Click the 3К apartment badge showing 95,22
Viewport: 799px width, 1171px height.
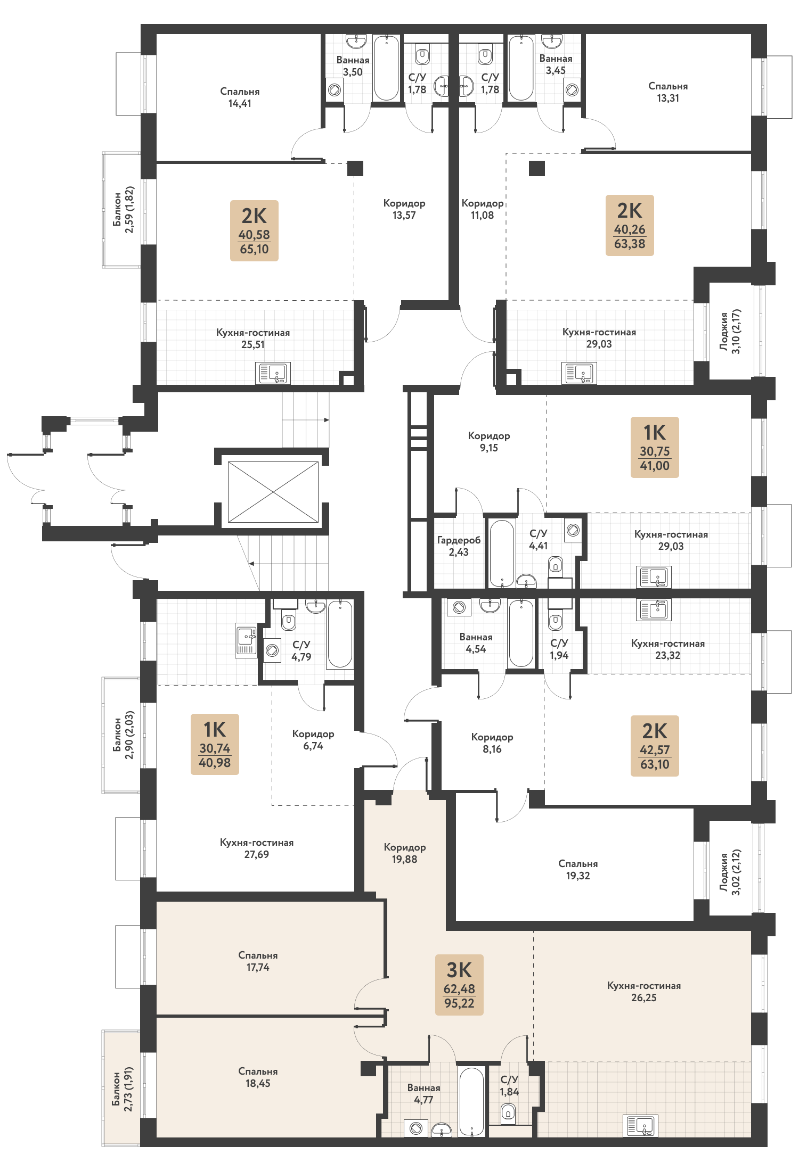[x=459, y=985]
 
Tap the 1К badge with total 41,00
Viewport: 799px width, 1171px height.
[x=655, y=447]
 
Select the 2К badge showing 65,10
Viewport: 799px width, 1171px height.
[x=254, y=230]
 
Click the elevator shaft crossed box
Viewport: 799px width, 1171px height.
[x=273, y=492]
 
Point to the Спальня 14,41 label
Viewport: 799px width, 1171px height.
[x=240, y=97]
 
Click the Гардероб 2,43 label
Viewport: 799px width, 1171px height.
[x=459, y=546]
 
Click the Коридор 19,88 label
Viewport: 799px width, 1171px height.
[x=405, y=853]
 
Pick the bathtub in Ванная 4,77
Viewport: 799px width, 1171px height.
[x=471, y=1101]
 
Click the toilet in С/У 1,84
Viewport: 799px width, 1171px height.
[x=508, y=1111]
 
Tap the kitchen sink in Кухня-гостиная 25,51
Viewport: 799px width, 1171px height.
[x=273, y=373]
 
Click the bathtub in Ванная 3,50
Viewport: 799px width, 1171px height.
[x=386, y=68]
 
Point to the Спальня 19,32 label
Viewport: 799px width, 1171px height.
[x=578, y=869]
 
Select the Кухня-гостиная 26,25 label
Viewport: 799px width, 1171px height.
[x=644, y=991]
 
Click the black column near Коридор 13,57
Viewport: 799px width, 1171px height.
[x=355, y=168]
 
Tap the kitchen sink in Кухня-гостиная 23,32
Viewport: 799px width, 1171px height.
[x=654, y=610]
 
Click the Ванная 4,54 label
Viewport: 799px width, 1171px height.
[x=476, y=643]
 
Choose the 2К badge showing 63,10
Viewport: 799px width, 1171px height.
[x=655, y=746]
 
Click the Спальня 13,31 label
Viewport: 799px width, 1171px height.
[x=668, y=92]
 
